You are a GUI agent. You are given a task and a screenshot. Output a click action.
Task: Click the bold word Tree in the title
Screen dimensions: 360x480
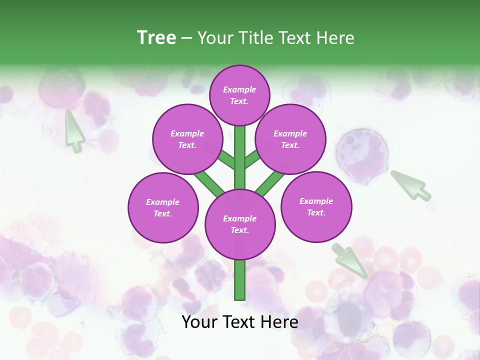pos(156,37)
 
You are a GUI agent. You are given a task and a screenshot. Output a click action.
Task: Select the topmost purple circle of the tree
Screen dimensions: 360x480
pos(239,95)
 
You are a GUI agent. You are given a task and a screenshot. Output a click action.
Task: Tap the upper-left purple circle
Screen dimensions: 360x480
pos(187,139)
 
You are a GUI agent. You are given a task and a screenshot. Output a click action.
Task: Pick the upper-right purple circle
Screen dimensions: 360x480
pos(290,139)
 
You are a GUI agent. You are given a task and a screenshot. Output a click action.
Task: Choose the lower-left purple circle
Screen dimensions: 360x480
pos(163,208)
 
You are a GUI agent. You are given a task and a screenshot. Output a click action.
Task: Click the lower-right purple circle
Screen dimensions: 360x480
pos(316,207)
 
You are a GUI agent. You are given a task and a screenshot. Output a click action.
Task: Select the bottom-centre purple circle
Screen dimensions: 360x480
pos(240,224)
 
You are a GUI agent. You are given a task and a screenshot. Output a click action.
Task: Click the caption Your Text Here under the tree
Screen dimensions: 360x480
pos(240,322)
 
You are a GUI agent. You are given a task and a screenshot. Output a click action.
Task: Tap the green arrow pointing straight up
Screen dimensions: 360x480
pos(74,131)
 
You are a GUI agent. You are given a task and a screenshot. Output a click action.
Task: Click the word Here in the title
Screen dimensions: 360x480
pos(338,37)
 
